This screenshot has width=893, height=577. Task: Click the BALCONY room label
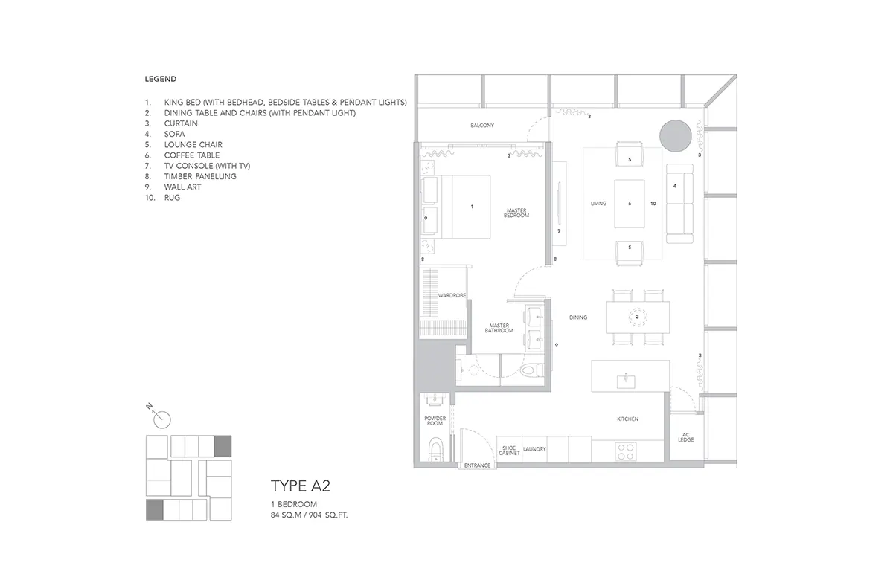[x=482, y=126]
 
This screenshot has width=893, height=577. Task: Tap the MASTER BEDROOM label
[x=516, y=213]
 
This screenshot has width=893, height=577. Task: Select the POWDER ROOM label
[x=435, y=421]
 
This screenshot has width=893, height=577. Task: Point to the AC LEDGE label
[x=685, y=437]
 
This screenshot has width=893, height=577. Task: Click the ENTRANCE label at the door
[x=477, y=465]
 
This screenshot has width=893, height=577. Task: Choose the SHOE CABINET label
[x=509, y=451]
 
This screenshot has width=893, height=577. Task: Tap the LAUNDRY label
[x=534, y=449]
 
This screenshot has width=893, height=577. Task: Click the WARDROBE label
[x=452, y=295]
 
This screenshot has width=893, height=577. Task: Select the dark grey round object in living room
[x=676, y=136]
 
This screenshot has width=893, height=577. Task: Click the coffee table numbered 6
[x=630, y=204]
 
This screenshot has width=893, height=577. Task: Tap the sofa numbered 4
[x=679, y=204]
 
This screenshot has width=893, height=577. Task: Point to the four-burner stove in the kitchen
[x=626, y=452]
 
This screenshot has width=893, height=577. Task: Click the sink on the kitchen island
[x=626, y=381]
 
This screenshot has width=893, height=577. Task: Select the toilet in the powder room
[x=436, y=450]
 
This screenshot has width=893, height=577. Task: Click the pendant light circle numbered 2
[x=638, y=317]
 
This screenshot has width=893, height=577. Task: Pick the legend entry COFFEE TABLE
[x=192, y=155]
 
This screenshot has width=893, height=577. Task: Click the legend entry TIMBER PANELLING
[x=200, y=176]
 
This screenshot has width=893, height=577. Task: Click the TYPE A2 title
[x=301, y=486]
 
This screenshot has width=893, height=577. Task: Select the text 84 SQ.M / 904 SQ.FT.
[x=309, y=515]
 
